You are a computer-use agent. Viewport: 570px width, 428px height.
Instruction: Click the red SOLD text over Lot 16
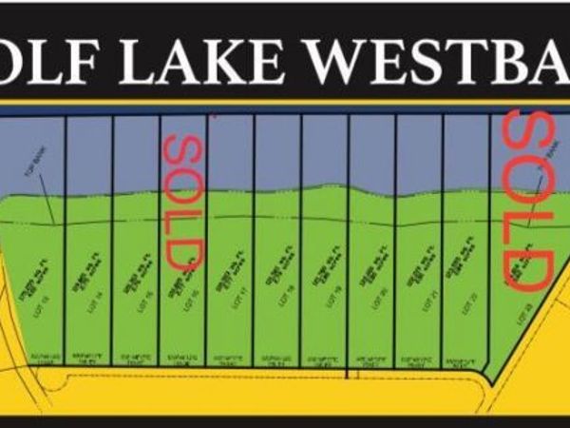coord(182,200)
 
